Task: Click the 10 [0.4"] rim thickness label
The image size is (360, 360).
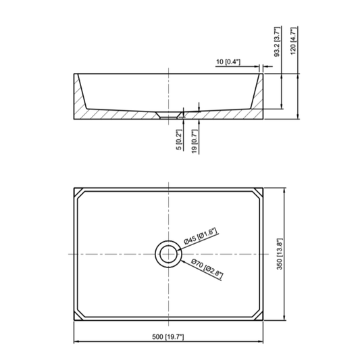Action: click(230, 61)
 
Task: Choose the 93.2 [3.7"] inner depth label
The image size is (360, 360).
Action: click(278, 43)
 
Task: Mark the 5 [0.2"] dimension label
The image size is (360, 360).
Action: click(180, 139)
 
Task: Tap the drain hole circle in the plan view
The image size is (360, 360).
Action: click(166, 255)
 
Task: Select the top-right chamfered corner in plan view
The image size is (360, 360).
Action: click(256, 195)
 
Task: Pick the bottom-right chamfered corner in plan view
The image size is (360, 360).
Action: click(256, 315)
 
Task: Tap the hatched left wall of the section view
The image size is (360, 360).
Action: click(80, 101)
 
